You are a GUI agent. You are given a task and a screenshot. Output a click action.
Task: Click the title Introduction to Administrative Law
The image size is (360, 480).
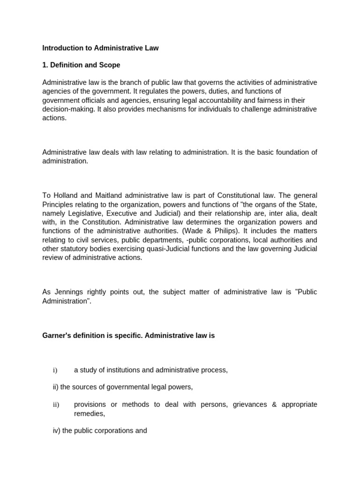100,48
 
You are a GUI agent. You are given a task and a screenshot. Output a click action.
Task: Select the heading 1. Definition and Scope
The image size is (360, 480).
81,65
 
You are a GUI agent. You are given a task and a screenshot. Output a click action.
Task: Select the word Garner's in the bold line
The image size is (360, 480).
57,336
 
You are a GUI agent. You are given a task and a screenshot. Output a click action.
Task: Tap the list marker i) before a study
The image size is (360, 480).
55,370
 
